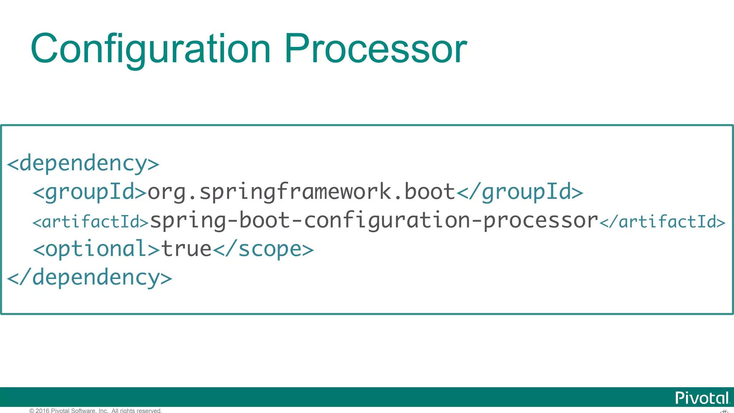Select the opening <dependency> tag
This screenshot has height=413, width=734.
click(x=83, y=163)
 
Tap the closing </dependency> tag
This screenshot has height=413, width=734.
click(x=90, y=278)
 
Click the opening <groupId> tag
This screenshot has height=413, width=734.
click(x=90, y=192)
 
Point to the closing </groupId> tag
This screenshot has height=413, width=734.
click(x=520, y=192)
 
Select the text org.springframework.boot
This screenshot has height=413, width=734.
click(x=301, y=192)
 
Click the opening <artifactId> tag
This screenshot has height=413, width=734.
click(x=90, y=222)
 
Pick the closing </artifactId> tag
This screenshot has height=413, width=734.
click(x=662, y=222)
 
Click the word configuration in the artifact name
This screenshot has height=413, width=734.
click(x=387, y=220)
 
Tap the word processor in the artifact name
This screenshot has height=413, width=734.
click(x=541, y=220)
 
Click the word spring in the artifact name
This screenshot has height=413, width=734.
click(x=188, y=220)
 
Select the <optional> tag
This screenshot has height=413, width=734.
click(x=96, y=249)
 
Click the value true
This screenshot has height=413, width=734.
click(x=186, y=249)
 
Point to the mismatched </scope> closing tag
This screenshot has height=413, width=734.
click(x=263, y=249)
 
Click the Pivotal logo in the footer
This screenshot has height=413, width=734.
click(x=702, y=398)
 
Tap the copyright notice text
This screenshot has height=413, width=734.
click(x=96, y=410)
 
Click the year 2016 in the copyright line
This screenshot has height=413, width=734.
click(x=42, y=410)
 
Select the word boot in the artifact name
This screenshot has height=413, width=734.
click(x=264, y=220)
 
